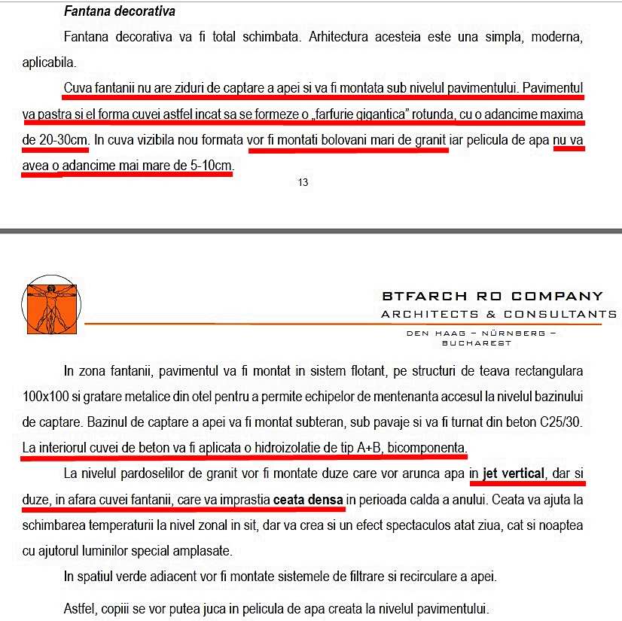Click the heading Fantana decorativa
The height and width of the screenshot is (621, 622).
(x=119, y=12)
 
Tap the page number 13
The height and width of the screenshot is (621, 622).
(x=303, y=182)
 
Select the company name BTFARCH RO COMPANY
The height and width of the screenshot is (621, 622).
(x=492, y=296)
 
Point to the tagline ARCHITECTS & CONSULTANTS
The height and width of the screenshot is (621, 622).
(x=499, y=314)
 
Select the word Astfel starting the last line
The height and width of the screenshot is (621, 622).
(x=80, y=607)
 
